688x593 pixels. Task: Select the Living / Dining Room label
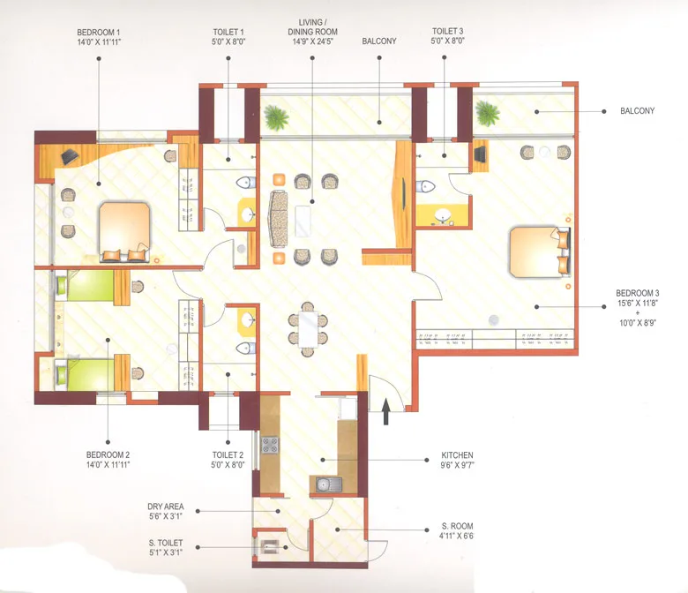[312, 28]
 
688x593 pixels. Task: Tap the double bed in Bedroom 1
[124, 231]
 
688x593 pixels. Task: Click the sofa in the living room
[279, 218]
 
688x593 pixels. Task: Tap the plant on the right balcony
[487, 111]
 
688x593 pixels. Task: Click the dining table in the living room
[307, 327]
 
